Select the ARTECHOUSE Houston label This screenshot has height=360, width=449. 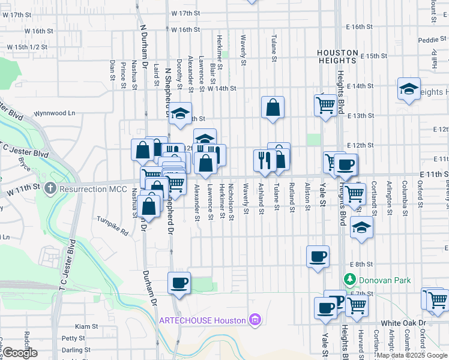[x=203, y=320]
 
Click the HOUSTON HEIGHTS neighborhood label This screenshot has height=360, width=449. [x=338, y=57]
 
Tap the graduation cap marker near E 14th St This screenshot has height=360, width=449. [x=409, y=90]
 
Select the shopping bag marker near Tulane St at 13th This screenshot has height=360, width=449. [x=273, y=108]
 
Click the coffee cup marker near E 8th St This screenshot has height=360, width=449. [x=318, y=256]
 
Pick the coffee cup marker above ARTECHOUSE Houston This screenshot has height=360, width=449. [x=179, y=282]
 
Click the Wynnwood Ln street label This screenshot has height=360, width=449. [x=55, y=113]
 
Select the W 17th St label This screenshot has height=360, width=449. [x=185, y=13]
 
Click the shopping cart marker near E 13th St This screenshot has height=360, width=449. [x=325, y=106]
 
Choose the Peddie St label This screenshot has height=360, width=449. [x=429, y=40]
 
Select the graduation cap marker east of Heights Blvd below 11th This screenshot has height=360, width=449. [x=361, y=227]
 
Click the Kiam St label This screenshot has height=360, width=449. [x=86, y=326]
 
